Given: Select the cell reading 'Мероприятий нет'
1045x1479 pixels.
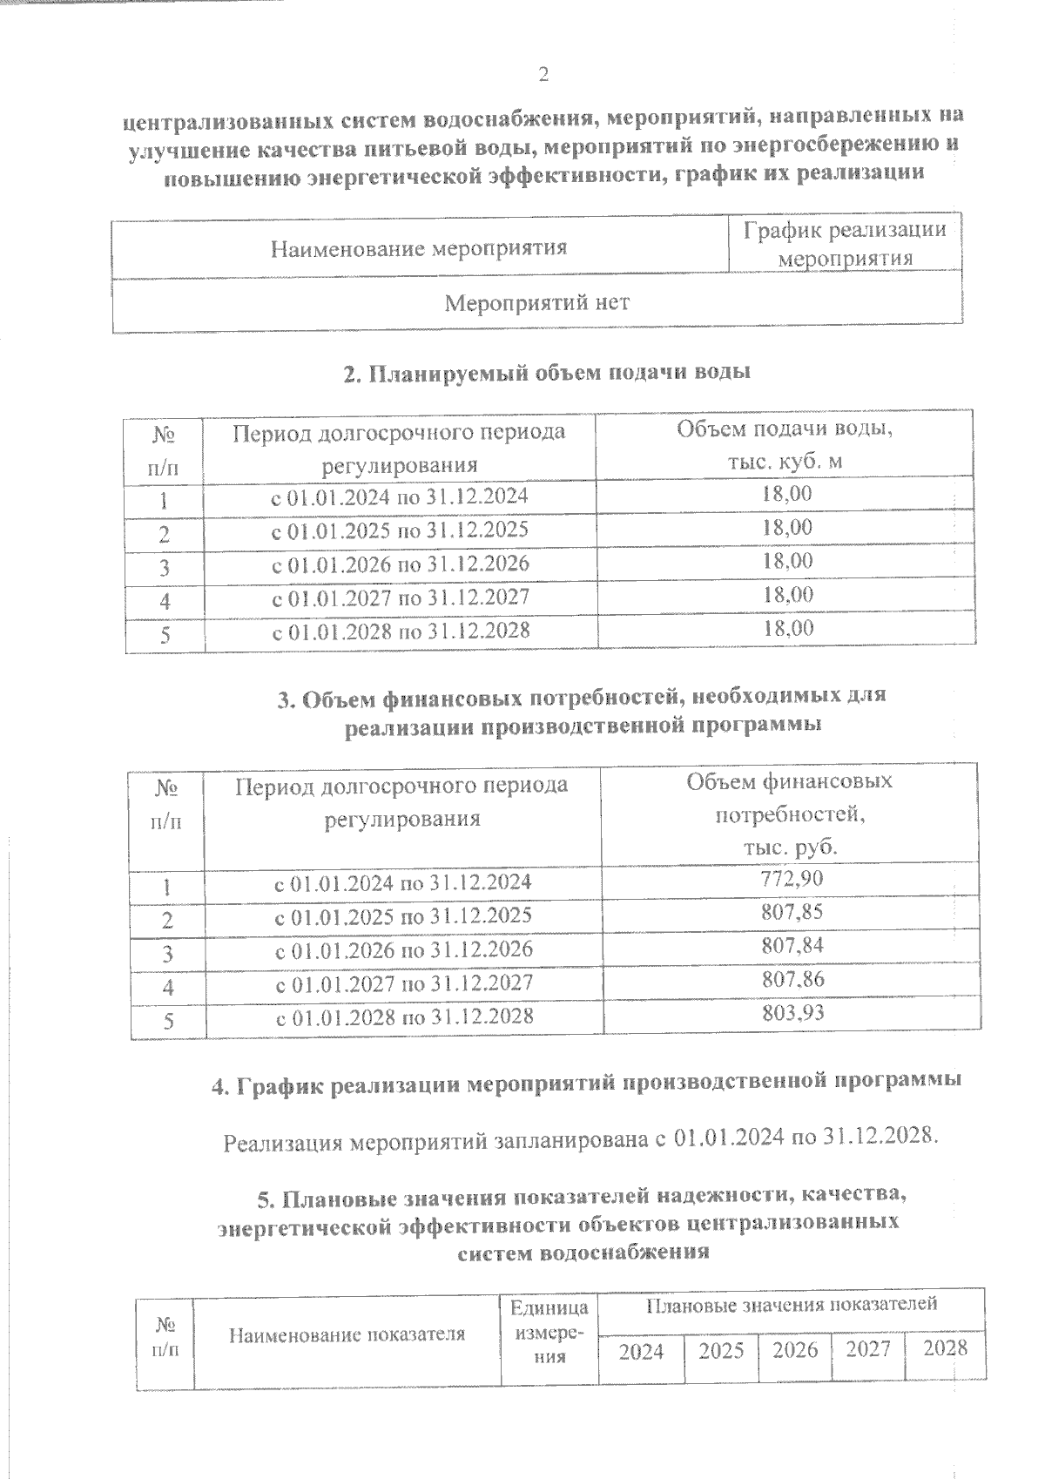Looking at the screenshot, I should click(536, 303).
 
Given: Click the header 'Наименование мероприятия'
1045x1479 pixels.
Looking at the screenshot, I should click(419, 248).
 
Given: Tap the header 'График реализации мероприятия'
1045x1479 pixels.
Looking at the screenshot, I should click(845, 244).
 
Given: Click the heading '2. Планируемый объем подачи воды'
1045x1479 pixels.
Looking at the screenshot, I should click(547, 373).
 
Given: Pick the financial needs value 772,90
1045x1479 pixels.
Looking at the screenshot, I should click(792, 880).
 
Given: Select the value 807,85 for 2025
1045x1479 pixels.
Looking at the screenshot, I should click(792, 913).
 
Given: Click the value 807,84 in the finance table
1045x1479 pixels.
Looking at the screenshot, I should click(792, 946).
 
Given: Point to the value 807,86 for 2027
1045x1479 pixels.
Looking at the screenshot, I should click(792, 980).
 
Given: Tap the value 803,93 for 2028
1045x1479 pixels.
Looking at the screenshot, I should click(792, 1013).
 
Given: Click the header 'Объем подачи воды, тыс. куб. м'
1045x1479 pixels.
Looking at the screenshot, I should click(785, 445).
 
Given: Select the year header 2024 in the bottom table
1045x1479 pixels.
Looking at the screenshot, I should click(641, 1351).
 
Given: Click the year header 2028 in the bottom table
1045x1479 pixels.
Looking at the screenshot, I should click(945, 1348).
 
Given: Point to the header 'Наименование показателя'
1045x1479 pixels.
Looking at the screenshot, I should click(347, 1334).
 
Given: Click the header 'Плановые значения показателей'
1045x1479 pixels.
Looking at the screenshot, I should click(792, 1305).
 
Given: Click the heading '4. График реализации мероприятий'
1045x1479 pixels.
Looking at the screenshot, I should click(587, 1083).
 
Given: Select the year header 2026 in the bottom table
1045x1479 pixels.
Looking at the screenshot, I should click(795, 1350).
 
